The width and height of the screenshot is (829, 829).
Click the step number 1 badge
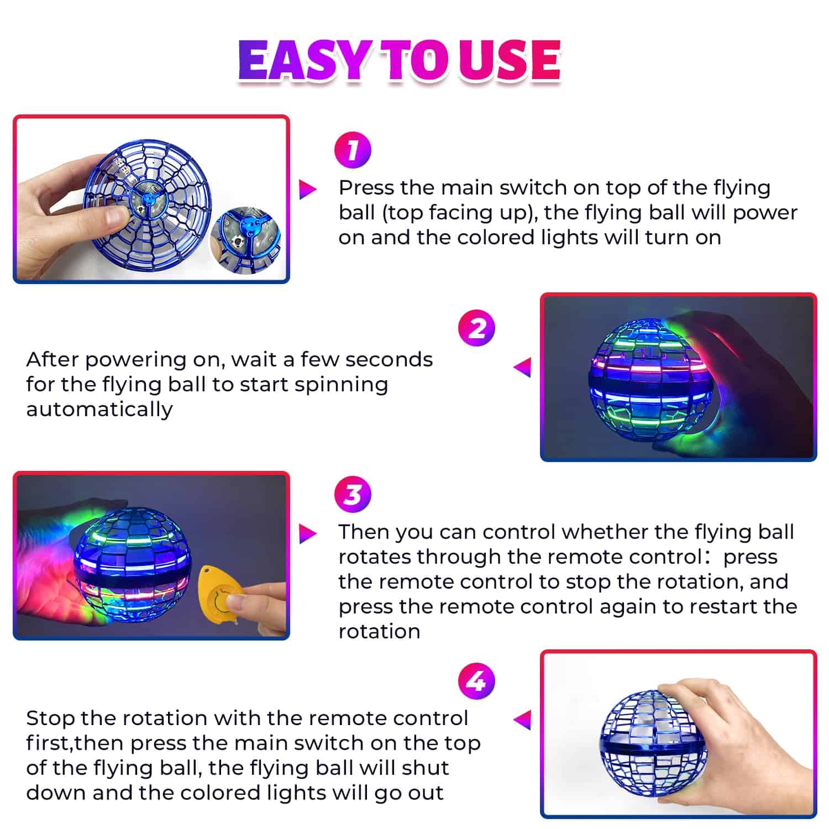point(353,150)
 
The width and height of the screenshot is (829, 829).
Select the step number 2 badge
point(477,329)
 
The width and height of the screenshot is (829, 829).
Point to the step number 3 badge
point(353,494)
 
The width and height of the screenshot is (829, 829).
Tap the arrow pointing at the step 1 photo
point(307,189)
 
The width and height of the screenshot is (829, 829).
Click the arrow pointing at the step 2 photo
point(522,368)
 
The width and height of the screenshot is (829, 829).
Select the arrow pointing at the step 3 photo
point(307,533)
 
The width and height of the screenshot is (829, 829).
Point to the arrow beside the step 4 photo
point(522,720)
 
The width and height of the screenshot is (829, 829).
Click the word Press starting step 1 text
point(366,188)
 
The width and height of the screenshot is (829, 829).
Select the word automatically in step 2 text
point(99,410)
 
